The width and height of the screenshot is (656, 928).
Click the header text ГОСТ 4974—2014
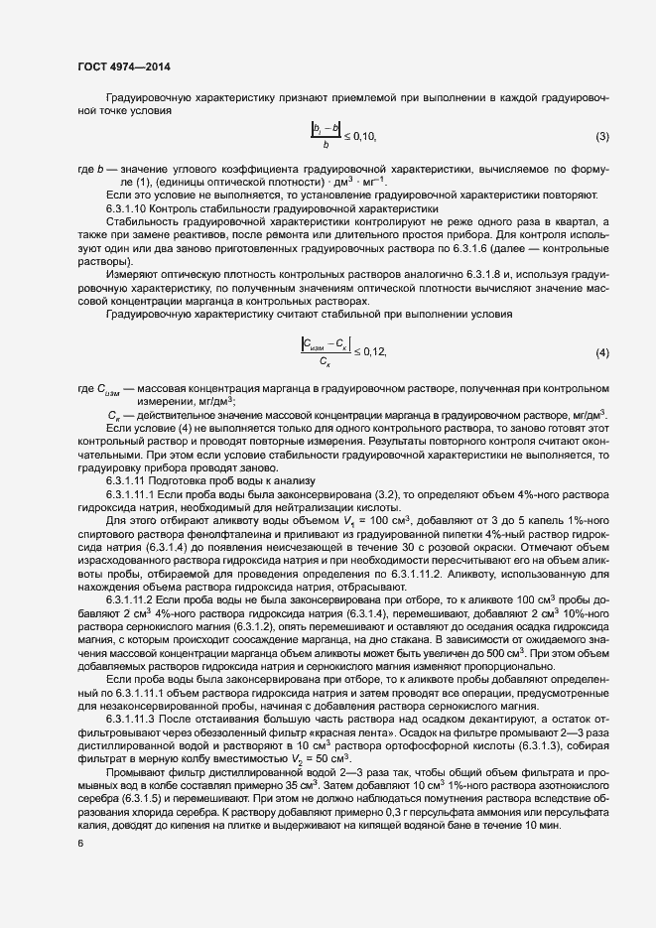[123, 66]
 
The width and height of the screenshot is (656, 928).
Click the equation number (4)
[601, 352]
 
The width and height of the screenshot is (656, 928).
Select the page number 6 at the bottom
[79, 845]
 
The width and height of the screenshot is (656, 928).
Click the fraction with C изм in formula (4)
[324, 352]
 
